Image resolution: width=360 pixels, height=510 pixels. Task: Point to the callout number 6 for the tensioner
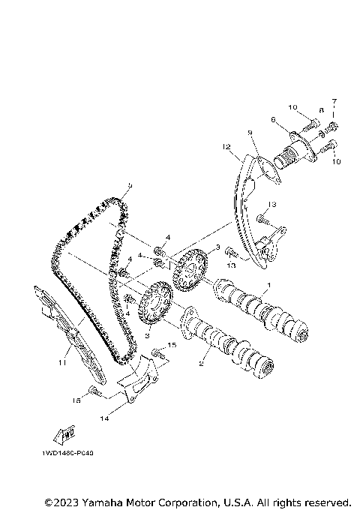pyautogui.click(x=274, y=119)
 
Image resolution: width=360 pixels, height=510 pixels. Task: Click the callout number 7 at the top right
pyautogui.click(x=335, y=100)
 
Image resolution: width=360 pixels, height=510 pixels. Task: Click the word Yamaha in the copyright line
pyautogui.click(x=108, y=501)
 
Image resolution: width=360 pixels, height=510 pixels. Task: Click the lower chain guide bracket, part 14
pyautogui.click(x=139, y=387)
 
